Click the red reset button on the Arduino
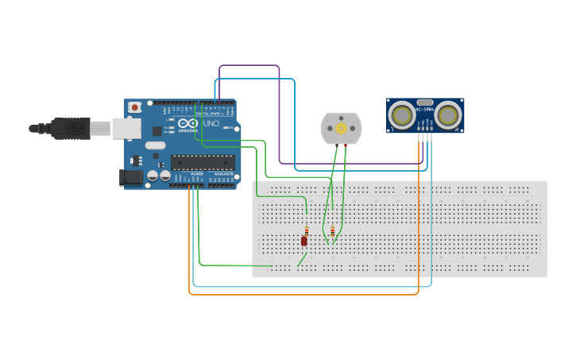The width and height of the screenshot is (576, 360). click(135, 106)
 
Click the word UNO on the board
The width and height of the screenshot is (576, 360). click(211, 124)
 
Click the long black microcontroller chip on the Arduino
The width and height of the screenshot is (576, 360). click(203, 163)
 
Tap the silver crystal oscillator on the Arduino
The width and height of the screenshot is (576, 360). click(155, 145)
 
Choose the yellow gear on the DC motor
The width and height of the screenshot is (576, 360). click(342, 128)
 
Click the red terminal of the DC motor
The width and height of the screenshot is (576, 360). click(346, 146)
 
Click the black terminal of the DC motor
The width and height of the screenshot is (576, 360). click(336, 146)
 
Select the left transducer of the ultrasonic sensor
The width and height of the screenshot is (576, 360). click(403, 116)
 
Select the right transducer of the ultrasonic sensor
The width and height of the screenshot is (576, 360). click(448, 116)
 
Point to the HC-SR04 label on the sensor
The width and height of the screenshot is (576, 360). click(425, 109)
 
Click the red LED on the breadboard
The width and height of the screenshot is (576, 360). click(303, 241)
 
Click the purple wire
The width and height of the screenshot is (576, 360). click(248, 66)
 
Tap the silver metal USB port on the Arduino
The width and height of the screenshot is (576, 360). click(124, 128)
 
